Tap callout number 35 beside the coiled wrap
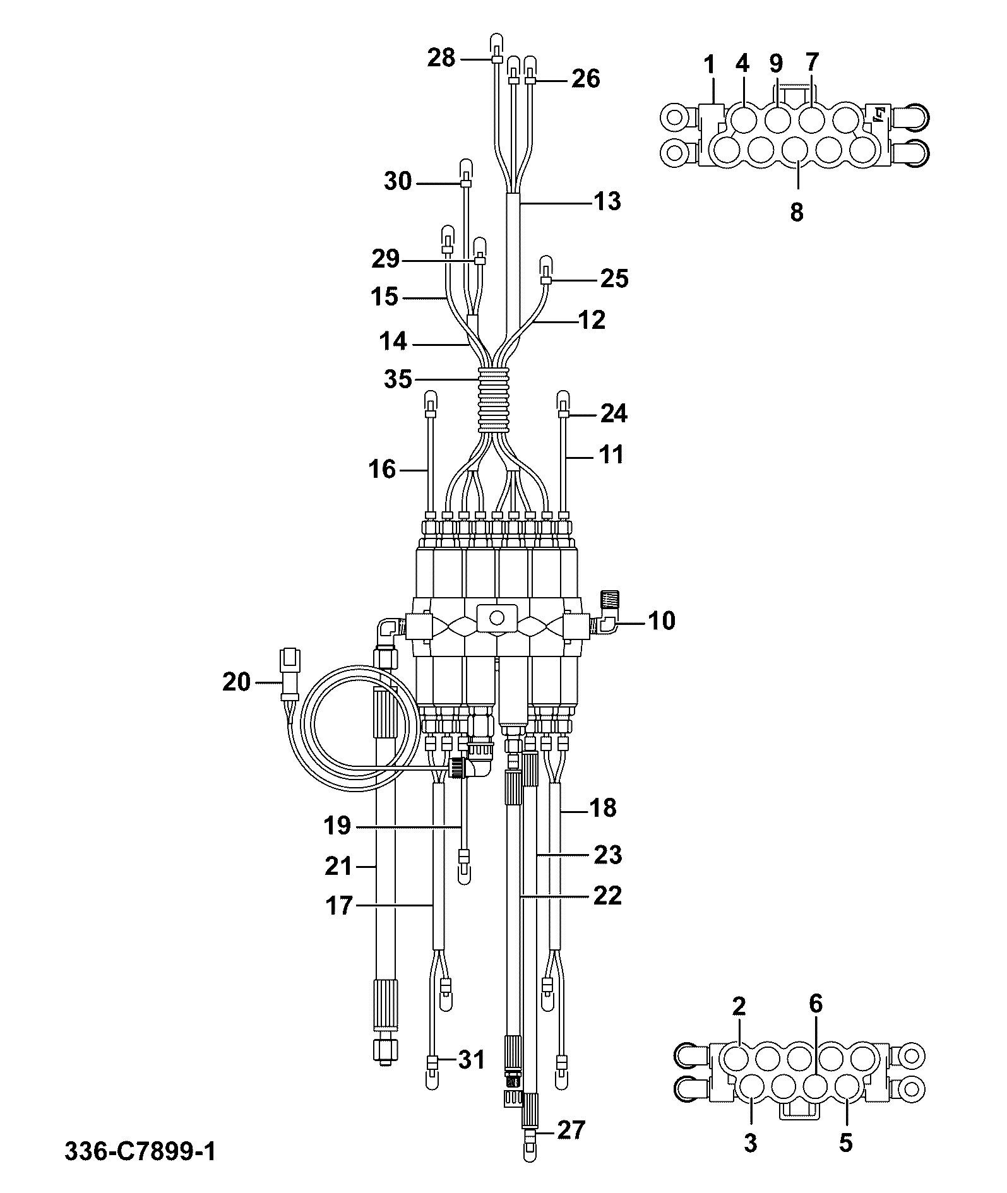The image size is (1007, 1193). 398,380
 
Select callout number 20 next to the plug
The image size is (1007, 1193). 236,682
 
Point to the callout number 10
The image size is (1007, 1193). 661,621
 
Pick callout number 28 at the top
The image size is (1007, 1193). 441,58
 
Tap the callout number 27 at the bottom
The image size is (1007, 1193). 571,1129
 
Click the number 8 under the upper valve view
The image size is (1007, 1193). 797,212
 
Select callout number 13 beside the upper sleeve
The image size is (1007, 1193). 607,202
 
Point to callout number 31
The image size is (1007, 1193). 471,1060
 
